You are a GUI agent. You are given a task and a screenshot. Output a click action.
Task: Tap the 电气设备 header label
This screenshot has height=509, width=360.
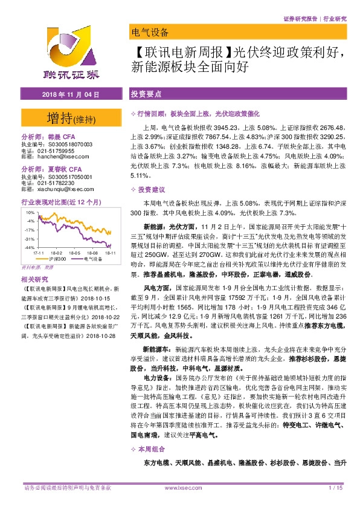tap(149, 32)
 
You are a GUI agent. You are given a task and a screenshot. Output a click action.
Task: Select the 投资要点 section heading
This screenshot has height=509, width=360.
tap(146, 96)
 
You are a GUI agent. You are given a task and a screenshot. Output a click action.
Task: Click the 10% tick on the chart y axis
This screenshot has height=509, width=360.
tap(29, 213)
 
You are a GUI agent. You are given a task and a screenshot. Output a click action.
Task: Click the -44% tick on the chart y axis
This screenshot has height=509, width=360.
tap(28, 247)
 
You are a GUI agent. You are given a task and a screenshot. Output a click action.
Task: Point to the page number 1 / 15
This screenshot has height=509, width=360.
tap(336, 487)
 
